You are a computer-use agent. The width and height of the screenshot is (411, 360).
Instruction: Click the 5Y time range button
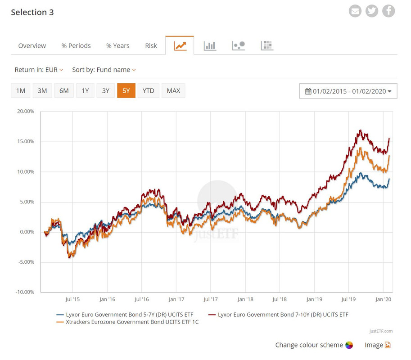pyautogui.click(x=126, y=90)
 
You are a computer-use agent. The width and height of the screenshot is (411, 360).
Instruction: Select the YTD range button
pyautogui.click(x=148, y=90)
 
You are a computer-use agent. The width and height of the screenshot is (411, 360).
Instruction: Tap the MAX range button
pyautogui.click(x=173, y=90)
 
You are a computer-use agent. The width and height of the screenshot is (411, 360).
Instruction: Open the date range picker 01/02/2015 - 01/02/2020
pyautogui.click(x=348, y=91)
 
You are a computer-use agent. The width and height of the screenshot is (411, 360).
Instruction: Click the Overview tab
pyautogui.click(x=32, y=45)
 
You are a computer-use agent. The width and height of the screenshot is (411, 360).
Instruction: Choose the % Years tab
pyautogui.click(x=117, y=45)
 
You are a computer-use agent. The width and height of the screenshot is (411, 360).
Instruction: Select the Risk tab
pyautogui.click(x=151, y=45)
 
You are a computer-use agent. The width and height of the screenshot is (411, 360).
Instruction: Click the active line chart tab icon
pyautogui.click(x=180, y=45)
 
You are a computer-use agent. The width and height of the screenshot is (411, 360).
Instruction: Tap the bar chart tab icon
pyautogui.click(x=210, y=45)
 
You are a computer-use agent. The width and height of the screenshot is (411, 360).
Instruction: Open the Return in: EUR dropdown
pyautogui.click(x=39, y=70)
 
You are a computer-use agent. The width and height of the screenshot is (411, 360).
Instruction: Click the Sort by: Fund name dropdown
pyautogui.click(x=104, y=70)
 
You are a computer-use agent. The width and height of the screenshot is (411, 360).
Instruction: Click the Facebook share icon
pyautogui.click(x=388, y=11)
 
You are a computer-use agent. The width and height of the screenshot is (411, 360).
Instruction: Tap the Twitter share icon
pyautogui.click(x=372, y=11)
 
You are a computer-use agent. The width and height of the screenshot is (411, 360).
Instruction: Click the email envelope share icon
pyautogui.click(x=355, y=11)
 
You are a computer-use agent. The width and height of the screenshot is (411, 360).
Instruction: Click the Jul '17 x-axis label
pyautogui.click(x=211, y=299)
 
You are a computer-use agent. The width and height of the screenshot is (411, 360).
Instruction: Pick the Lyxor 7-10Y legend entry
pyautogui.click(x=283, y=315)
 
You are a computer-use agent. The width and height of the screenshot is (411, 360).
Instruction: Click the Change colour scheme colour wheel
pyautogui.click(x=349, y=345)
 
